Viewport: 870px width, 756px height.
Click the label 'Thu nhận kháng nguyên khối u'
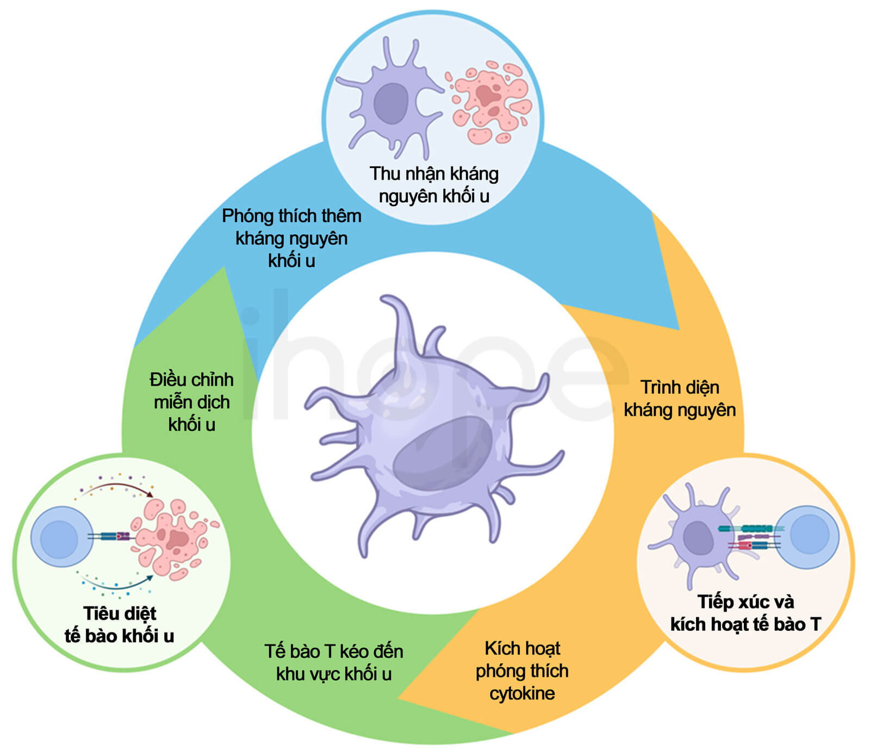click(434, 184)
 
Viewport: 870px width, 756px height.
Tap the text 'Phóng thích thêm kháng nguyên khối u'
click(291, 238)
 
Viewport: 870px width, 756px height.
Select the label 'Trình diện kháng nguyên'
click(680, 399)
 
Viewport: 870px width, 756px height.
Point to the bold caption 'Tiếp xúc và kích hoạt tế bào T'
click(745, 613)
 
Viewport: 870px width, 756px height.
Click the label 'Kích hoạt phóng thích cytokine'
click(522, 671)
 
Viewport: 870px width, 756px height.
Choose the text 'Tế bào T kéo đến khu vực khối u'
click(334, 662)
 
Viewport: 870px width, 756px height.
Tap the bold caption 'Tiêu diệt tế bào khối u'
click(120, 624)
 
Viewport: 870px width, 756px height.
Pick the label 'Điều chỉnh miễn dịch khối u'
click(191, 402)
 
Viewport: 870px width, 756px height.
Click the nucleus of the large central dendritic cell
click(443, 454)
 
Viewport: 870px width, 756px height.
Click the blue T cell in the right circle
click(809, 537)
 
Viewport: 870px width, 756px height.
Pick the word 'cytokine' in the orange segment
click(522, 693)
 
